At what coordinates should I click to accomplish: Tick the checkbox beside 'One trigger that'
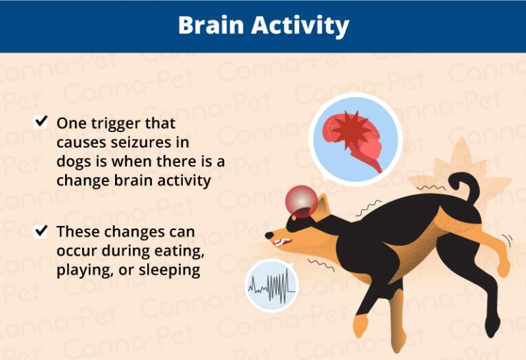[x=41, y=122]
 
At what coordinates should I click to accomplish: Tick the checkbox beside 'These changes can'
[x=41, y=231]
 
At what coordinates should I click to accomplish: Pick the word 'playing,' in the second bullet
[x=85, y=270]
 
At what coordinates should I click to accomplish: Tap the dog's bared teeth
[x=280, y=241]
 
